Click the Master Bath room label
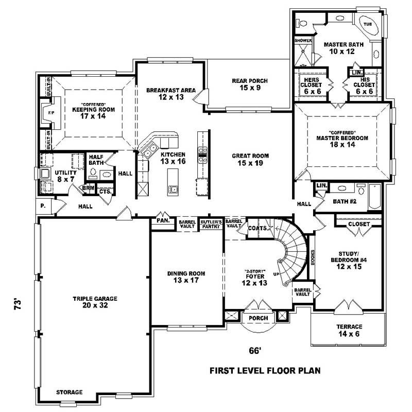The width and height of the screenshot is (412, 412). [x=344, y=48]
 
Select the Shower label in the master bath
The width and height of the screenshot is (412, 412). [x=303, y=40]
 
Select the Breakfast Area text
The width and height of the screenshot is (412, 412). [x=171, y=93]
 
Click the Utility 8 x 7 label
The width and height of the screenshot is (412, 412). [x=66, y=176]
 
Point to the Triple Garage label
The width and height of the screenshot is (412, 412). [x=95, y=302]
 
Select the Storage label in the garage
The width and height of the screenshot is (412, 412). [x=69, y=392]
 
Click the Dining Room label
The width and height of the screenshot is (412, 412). [x=186, y=277]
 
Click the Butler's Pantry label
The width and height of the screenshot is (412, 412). [x=211, y=224]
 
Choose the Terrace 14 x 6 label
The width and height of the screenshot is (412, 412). [x=350, y=330]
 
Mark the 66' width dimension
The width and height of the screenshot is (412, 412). [x=255, y=351]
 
